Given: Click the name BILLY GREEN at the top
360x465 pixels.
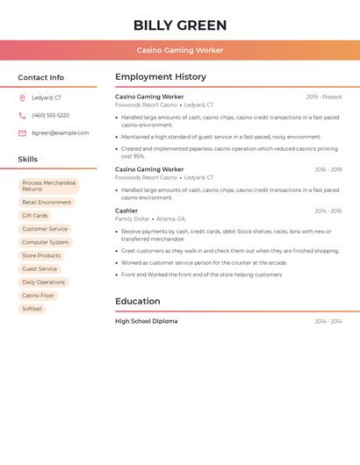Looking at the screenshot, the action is [x=180, y=25].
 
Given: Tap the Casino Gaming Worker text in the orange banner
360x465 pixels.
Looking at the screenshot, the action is [x=180, y=50].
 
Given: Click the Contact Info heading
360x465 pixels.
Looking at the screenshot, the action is [x=40, y=77].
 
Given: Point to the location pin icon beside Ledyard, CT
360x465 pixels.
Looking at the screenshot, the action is [x=22, y=98].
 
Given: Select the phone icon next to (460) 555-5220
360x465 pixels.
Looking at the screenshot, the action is [x=22, y=116].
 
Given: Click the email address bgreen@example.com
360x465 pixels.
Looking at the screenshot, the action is [x=60, y=133].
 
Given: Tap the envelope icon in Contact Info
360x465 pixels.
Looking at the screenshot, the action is [x=22, y=133].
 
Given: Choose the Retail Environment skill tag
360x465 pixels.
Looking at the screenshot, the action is [x=47, y=203].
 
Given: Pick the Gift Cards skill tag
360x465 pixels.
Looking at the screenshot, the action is [x=35, y=216].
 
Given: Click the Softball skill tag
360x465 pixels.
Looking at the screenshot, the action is [x=32, y=309].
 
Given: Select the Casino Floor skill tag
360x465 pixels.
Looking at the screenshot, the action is [x=38, y=296].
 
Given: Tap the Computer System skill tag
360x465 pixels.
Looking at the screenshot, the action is [x=45, y=242].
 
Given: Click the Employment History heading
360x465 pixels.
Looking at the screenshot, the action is [x=161, y=77].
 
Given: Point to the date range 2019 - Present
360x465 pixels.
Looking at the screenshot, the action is [x=324, y=97].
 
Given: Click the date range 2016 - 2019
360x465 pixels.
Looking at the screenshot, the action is [x=328, y=169].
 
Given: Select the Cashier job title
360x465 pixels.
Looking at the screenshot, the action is [x=126, y=211].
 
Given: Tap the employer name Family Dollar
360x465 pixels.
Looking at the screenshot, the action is [x=132, y=218].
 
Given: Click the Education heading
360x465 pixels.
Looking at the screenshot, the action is [x=137, y=301].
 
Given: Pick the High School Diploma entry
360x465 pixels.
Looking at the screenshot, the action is [x=146, y=321].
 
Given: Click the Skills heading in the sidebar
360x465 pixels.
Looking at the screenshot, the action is [x=28, y=160].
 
